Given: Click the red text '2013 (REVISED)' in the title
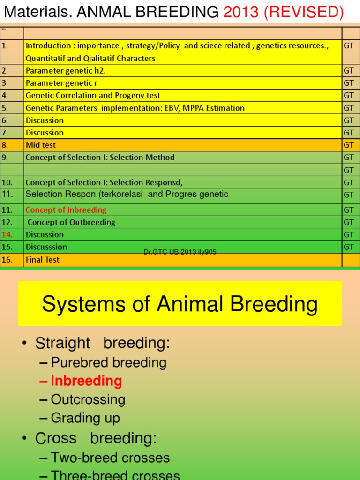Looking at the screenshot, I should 284,12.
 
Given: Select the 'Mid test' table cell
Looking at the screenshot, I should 41,145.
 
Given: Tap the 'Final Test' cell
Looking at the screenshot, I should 43,259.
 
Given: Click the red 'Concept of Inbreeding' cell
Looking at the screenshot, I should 66,210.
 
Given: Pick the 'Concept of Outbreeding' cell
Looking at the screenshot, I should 71,222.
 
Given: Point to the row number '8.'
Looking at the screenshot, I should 5,145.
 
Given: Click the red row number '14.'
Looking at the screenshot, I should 7,234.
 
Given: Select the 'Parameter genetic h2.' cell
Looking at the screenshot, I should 66,71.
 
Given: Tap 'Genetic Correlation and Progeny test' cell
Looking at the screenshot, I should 93,95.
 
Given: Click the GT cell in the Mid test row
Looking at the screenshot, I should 349,145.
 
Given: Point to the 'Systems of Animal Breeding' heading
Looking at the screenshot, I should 180,304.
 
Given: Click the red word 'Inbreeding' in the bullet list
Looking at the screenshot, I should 86,381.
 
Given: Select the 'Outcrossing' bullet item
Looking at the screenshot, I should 88,400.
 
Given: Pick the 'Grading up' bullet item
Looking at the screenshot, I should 85,418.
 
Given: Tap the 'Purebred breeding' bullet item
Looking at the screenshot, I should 108,362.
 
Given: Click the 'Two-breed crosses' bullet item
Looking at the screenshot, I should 110,457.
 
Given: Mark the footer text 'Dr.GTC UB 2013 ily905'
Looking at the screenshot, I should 180,252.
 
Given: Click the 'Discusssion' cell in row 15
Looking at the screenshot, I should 46,247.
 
